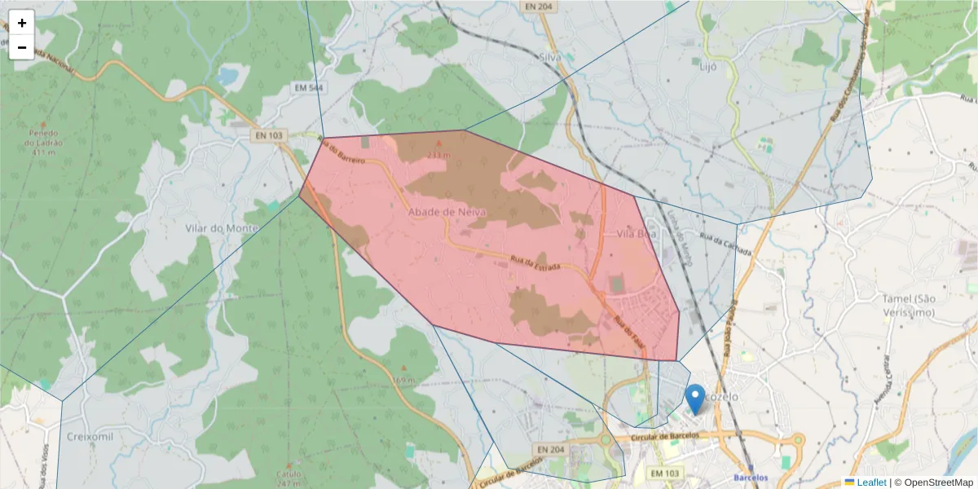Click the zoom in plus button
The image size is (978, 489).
[x=22, y=23]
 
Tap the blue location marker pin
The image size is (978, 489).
[x=695, y=399]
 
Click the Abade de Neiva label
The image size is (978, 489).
[x=447, y=212]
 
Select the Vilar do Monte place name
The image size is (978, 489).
[x=222, y=228]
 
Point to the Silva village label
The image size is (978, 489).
[x=553, y=57]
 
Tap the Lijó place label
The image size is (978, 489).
[x=707, y=67]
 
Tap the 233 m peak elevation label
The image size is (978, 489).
[x=438, y=154]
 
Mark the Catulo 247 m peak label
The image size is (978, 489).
[x=289, y=477]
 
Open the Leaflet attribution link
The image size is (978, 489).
[x=871, y=482]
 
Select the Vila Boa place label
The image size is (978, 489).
[x=637, y=233]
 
